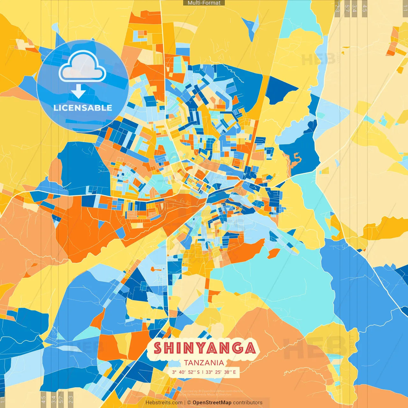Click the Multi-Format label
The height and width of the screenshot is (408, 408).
(x=204, y=3)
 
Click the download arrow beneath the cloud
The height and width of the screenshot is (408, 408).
(x=78, y=91)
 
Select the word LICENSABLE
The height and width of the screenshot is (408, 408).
(x=83, y=108)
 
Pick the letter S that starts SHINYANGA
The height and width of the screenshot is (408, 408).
(x=158, y=348)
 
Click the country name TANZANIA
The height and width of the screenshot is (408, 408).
(x=204, y=363)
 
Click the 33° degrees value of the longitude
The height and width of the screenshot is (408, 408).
(x=209, y=372)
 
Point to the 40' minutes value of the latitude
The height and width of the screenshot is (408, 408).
(x=182, y=372)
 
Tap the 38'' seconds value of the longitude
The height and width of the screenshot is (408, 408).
(x=228, y=372)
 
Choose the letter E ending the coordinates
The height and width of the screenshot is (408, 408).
(x=235, y=372)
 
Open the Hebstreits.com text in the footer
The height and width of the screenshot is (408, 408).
(x=164, y=403)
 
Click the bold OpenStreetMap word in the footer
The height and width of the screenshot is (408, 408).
(x=212, y=403)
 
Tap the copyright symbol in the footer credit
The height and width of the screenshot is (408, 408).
(x=189, y=403)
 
